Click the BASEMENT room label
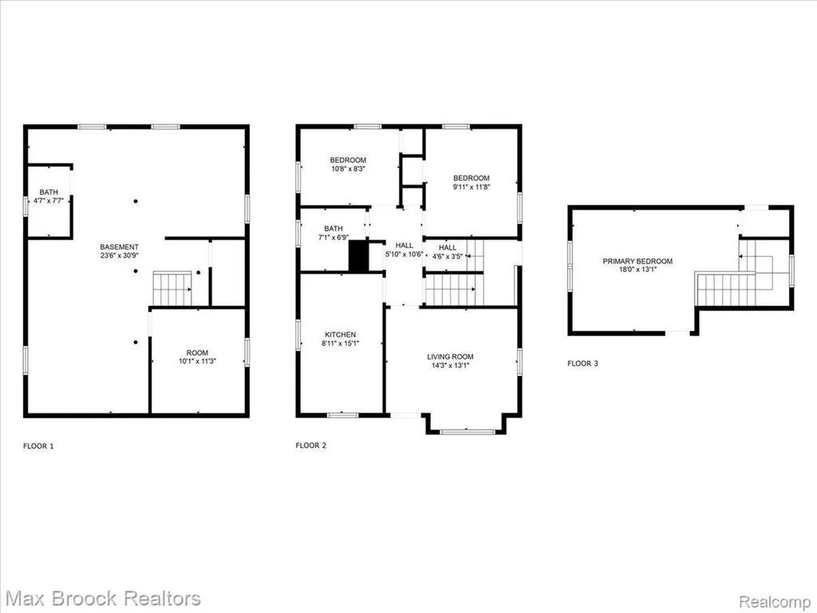point(120,247)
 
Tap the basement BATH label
point(49,192)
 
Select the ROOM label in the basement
point(197,352)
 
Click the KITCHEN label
point(340,334)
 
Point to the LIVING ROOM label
point(450,357)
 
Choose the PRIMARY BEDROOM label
point(637,261)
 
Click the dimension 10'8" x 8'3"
point(348,169)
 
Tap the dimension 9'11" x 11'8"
point(471,187)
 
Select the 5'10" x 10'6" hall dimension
point(404,255)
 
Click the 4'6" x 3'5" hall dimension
point(448,256)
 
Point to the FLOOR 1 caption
point(38,445)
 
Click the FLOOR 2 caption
point(310,445)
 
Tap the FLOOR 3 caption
point(582,363)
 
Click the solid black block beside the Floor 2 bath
point(358,255)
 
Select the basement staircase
point(172,288)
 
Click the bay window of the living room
point(466,432)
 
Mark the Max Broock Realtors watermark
point(103,598)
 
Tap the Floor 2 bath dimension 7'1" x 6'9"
point(334,237)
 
